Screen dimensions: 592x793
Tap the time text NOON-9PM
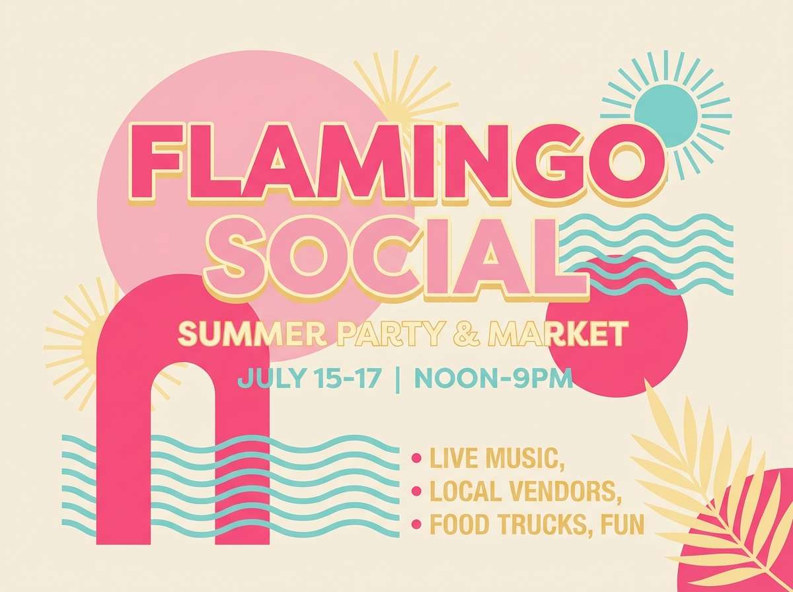(x=493, y=381)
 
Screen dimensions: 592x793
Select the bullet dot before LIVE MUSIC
(x=416, y=457)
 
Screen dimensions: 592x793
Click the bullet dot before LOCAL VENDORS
(x=416, y=491)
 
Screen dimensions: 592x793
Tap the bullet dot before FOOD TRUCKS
(x=416, y=525)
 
